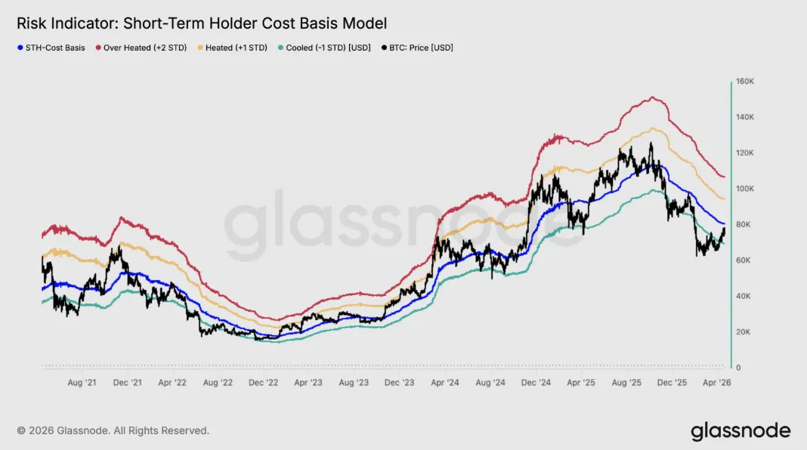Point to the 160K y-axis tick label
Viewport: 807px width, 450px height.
click(746, 81)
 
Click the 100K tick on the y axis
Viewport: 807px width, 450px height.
click(746, 189)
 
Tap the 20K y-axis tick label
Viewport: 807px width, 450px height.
click(744, 332)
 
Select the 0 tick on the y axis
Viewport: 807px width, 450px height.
click(739, 368)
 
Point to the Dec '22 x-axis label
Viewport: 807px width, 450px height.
click(264, 383)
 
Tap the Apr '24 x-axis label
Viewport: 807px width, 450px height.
click(445, 383)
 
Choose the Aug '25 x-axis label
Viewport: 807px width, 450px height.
click(627, 383)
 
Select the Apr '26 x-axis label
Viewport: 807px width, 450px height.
click(717, 383)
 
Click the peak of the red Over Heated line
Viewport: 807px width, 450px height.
click(652, 97)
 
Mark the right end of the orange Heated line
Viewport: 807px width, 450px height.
click(724, 199)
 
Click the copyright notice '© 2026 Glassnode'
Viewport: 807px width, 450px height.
click(113, 430)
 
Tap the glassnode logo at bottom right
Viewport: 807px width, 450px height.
click(741, 431)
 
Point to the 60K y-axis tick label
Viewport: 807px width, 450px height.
click(744, 260)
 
